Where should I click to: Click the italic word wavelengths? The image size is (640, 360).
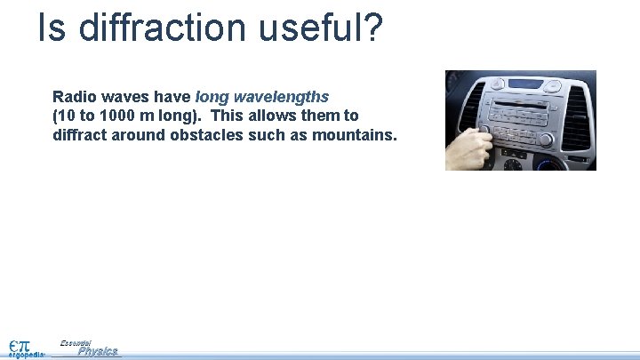tap(282, 96)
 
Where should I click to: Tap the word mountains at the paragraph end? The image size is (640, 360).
tap(355, 135)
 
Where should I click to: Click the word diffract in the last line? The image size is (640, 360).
tap(78, 135)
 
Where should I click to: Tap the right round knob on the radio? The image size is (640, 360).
tap(546, 140)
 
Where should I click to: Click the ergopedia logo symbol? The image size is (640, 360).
tap(19, 345)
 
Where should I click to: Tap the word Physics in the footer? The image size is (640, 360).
tap(98, 352)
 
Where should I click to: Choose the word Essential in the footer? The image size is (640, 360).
tap(76, 342)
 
